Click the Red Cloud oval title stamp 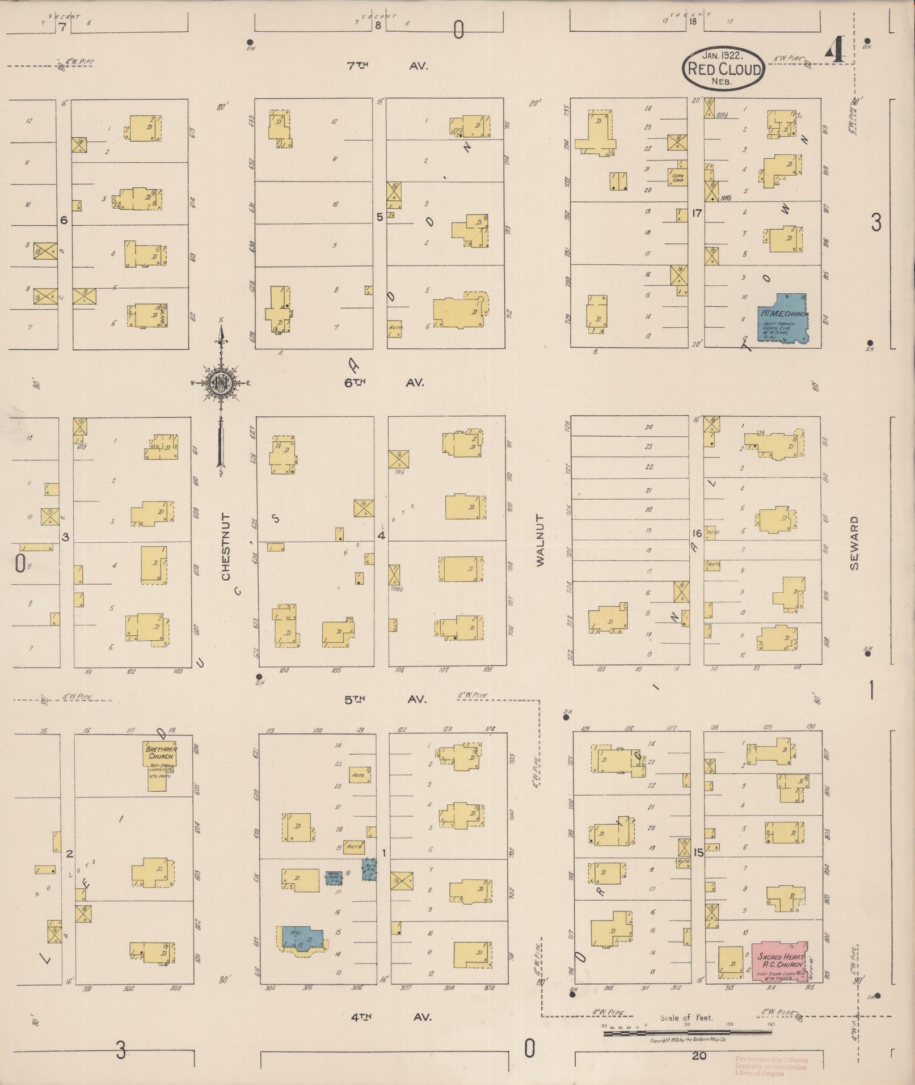pos(723,69)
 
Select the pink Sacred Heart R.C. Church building pos(779,960)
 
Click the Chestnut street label pos(226,547)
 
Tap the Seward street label pos(855,543)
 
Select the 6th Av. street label pos(384,383)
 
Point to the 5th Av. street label pos(385,699)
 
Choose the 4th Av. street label pos(390,1017)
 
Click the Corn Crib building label pos(678,178)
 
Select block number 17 pos(697,213)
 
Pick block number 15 pos(698,851)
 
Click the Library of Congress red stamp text pos(771,1067)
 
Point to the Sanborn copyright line pos(688,1040)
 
